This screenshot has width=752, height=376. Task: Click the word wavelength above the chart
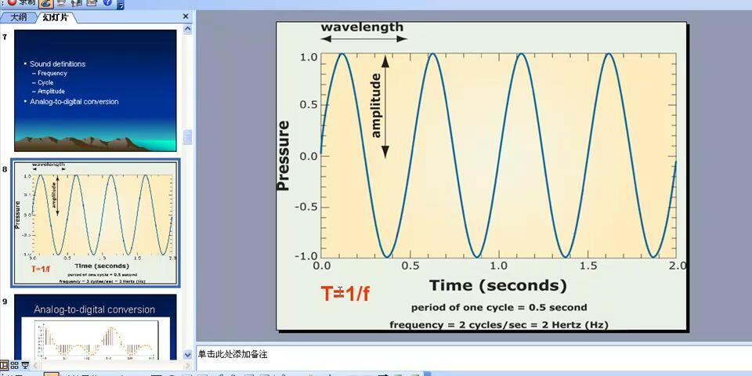coord(362,27)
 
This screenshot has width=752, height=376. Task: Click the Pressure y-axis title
coord(284,155)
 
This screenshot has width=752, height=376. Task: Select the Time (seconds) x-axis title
coord(497,285)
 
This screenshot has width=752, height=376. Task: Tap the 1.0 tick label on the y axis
coord(308,57)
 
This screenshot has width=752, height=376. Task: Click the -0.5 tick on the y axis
coord(305,207)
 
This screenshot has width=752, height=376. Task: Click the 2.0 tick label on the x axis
coord(678,266)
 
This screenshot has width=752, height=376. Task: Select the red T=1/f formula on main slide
coord(345,295)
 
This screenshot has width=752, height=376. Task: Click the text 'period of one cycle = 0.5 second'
coord(498,307)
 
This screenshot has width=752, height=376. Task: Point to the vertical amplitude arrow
coord(385,106)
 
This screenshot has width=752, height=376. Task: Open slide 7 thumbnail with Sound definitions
coord(96,90)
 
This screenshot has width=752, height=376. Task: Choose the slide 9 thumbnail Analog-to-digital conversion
coord(96,327)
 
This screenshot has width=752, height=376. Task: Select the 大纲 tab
coord(18,17)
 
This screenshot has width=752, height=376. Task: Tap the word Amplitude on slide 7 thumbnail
coord(51,92)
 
